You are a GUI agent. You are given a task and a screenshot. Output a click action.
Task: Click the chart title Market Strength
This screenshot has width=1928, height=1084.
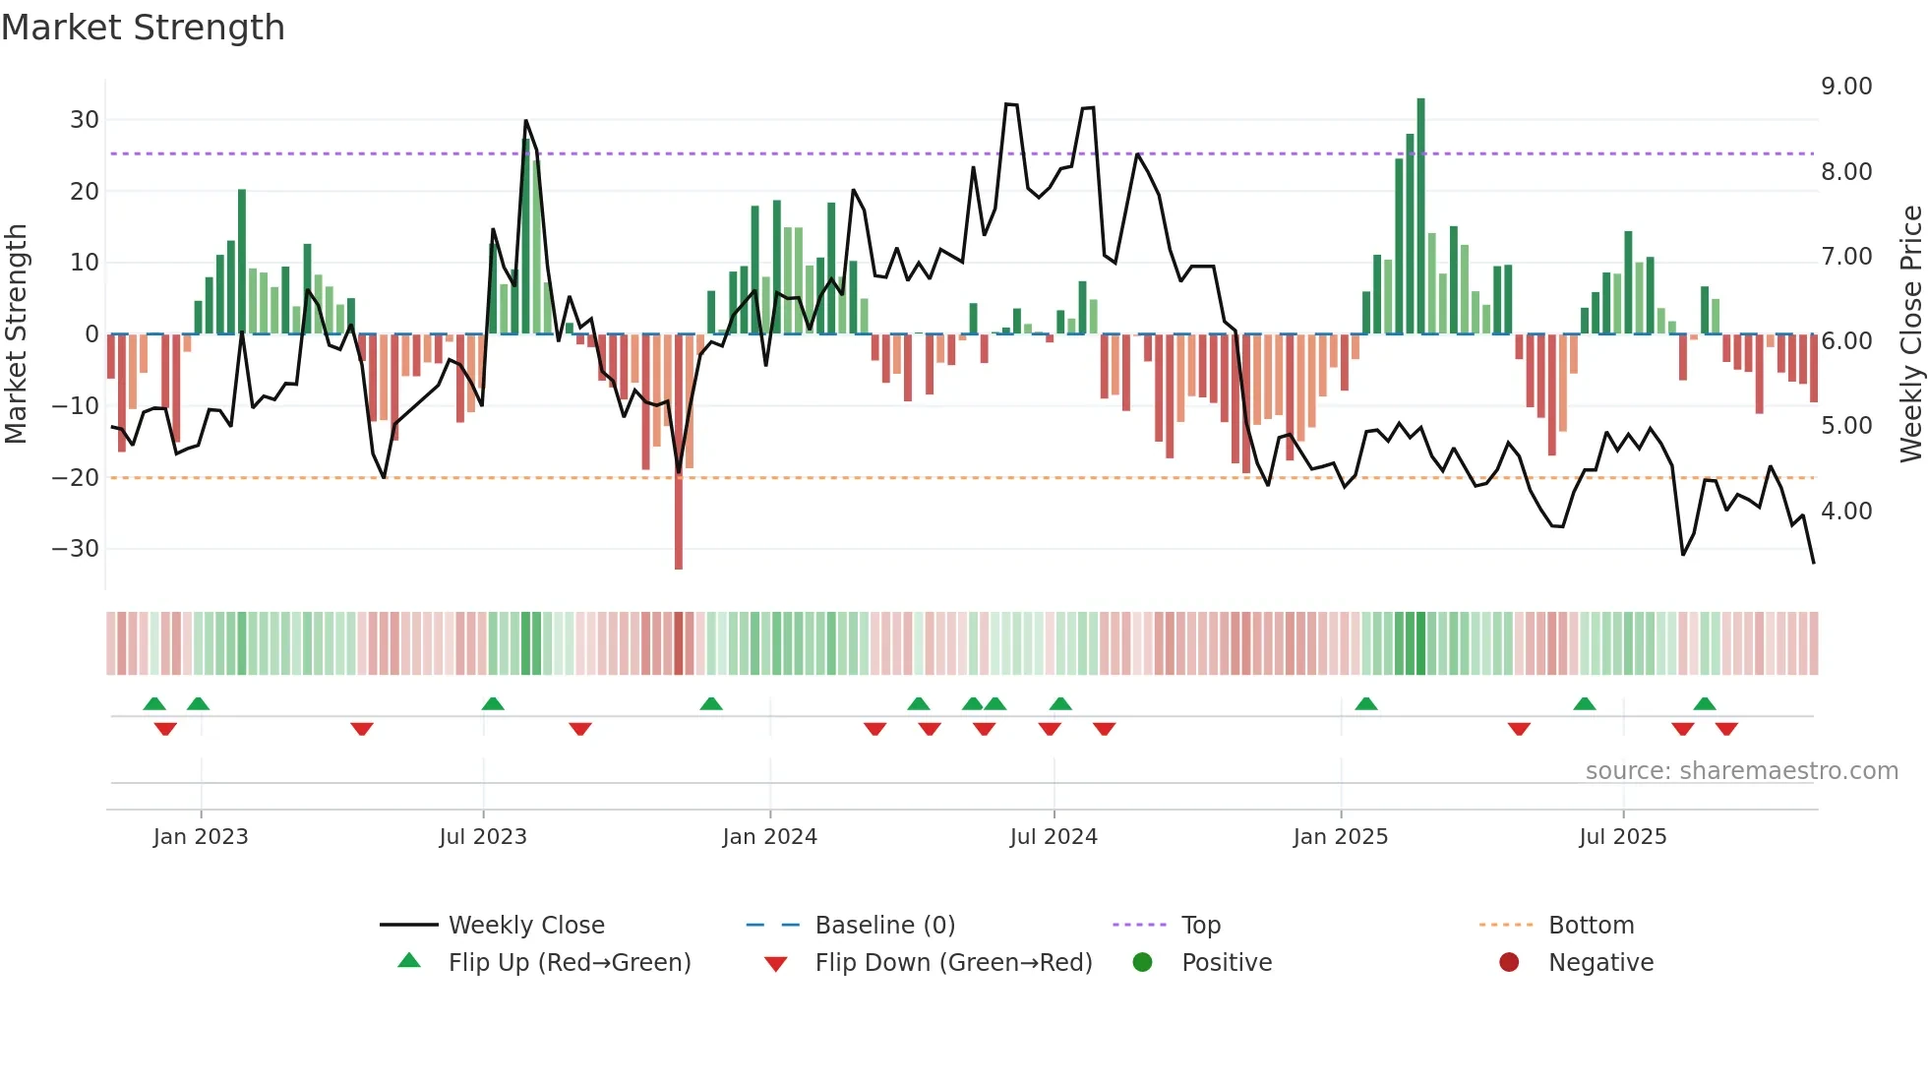pos(143,28)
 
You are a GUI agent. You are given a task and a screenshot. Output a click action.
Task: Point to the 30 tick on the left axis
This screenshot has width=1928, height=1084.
pos(85,120)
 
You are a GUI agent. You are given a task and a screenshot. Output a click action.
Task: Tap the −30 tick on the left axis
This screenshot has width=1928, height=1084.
pos(76,549)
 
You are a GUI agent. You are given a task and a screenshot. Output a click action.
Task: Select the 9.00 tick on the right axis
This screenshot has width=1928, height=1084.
pos(1846,87)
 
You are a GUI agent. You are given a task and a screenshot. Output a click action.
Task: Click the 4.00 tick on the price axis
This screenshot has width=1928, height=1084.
pos(1846,512)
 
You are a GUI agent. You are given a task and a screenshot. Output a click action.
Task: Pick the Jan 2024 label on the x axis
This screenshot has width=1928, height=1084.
pos(769,837)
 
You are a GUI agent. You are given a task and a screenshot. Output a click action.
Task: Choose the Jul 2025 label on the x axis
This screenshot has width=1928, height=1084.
pos(1623,837)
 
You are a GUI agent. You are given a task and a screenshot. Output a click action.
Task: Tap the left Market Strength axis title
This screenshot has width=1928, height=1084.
pos(16,334)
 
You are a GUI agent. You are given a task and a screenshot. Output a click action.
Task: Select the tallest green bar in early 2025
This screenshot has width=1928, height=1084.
pos(1420,216)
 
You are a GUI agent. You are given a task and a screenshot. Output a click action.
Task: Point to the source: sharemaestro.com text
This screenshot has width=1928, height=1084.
pos(1741,771)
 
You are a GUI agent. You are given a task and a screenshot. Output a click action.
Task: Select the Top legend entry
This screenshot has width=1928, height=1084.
pos(1200,926)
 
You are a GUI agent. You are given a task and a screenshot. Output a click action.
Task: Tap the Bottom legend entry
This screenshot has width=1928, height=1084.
pos(1591,926)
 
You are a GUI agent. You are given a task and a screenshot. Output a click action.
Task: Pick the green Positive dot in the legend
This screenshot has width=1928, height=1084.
pos(1142,963)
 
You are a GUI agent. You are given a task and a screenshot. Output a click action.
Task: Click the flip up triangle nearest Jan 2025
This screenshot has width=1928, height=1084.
pos(1366,704)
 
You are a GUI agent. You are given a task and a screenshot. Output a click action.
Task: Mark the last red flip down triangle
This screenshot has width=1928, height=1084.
pos(1726,729)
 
